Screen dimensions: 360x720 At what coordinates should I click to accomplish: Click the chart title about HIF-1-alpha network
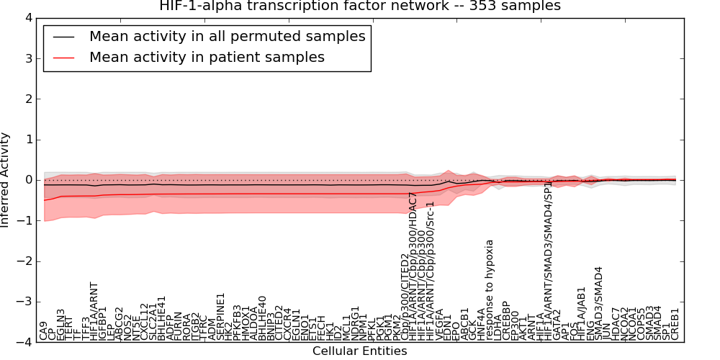point(359,6)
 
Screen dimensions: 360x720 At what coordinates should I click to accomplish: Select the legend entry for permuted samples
point(227,37)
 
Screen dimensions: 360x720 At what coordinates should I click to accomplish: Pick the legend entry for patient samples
point(207,58)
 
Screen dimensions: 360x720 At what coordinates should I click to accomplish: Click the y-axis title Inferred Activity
point(6,180)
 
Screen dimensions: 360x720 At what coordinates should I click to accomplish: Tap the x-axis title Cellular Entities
point(359,351)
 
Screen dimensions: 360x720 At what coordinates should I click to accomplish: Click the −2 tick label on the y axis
point(25,261)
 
